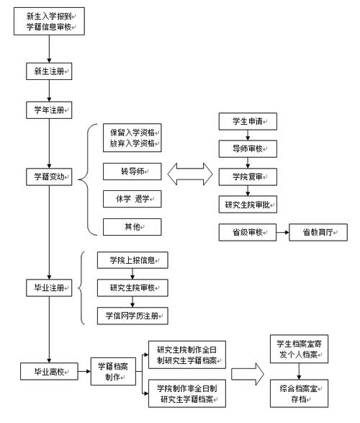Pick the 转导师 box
(x=130, y=173)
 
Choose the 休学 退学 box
(x=130, y=200)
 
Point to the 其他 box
(x=130, y=227)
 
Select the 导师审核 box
(x=248, y=149)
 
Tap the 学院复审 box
(x=248, y=176)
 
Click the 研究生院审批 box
(x=248, y=204)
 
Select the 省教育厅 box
(x=318, y=232)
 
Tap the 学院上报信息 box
(x=132, y=259)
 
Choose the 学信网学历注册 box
(x=132, y=315)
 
